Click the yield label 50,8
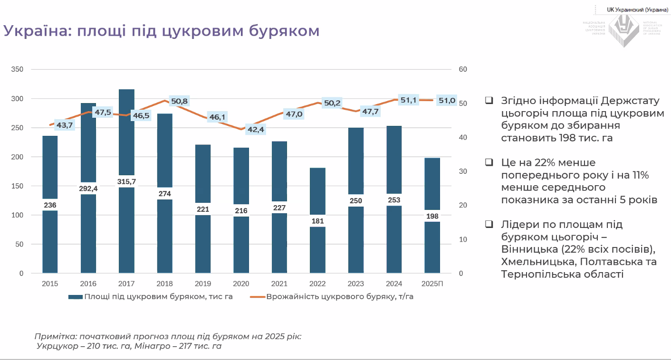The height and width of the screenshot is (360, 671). point(179,101)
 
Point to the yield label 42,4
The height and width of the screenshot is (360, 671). point(256,130)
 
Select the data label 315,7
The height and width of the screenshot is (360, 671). point(126,181)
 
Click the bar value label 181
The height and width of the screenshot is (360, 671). point(317,221)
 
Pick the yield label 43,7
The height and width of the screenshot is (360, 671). point(65,125)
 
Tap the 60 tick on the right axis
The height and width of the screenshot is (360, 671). point(463,69)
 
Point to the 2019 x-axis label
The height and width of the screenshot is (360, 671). point(203,284)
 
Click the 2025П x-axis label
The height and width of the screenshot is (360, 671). point(432,284)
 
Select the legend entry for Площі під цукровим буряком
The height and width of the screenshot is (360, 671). point(150,297)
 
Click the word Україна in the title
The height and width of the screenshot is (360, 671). point(36,31)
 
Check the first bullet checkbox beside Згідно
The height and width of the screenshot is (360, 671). point(489,101)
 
